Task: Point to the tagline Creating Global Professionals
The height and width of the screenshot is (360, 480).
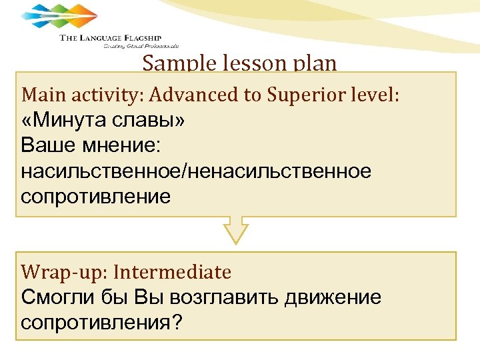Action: [x=141, y=47]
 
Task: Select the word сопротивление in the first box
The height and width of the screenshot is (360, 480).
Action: [x=96, y=197]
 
